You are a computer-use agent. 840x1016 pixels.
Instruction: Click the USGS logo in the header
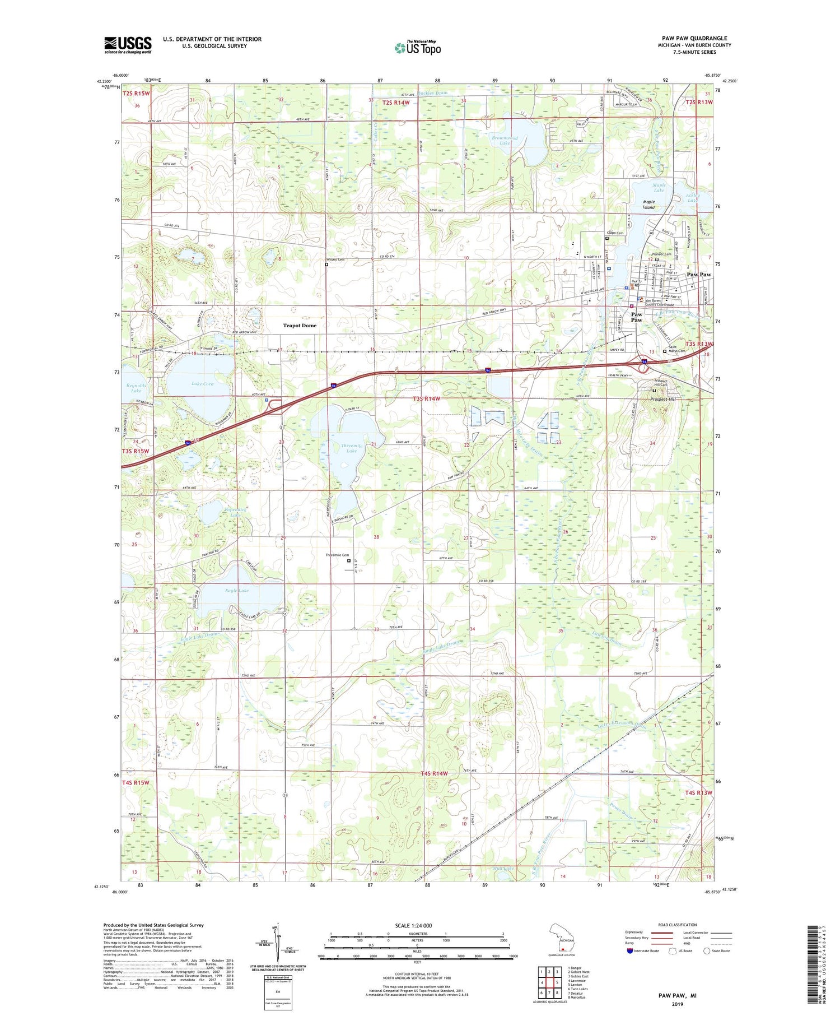point(128,45)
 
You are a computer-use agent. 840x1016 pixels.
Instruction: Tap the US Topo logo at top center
point(417,48)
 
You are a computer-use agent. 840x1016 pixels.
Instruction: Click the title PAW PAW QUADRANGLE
point(694,38)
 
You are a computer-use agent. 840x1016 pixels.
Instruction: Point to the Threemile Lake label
point(351,448)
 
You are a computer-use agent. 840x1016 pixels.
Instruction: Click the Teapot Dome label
point(299,326)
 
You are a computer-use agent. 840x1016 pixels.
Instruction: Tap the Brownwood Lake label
point(505,140)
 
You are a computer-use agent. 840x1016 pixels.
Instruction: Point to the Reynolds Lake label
point(136,388)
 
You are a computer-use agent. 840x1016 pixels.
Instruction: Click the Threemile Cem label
point(337,555)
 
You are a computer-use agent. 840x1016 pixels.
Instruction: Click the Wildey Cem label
point(335,259)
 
